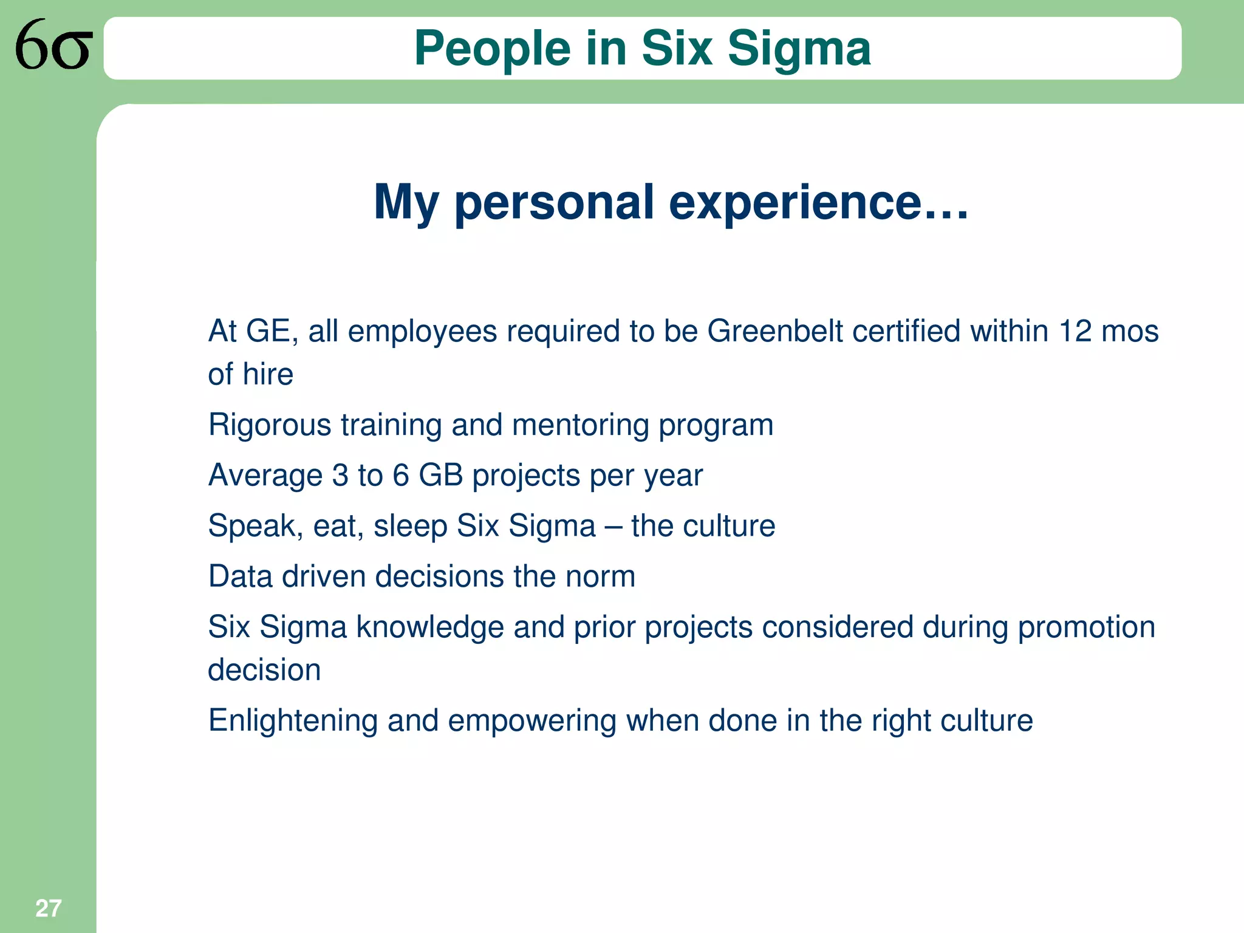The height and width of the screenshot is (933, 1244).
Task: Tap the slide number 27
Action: [48, 909]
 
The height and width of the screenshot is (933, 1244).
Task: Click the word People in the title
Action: [493, 49]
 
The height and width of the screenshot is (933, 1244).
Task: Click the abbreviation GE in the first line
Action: [268, 332]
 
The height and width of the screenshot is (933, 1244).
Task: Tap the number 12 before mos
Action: [1075, 332]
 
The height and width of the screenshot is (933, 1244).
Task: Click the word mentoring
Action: [581, 425]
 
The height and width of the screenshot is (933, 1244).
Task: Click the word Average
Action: [265, 475]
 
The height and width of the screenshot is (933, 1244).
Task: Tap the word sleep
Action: [411, 526]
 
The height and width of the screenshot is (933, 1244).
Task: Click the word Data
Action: [241, 576]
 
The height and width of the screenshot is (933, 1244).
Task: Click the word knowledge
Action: [430, 627]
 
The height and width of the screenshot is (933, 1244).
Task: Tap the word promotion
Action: [1087, 627]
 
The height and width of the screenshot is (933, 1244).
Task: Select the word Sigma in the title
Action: [799, 49]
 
